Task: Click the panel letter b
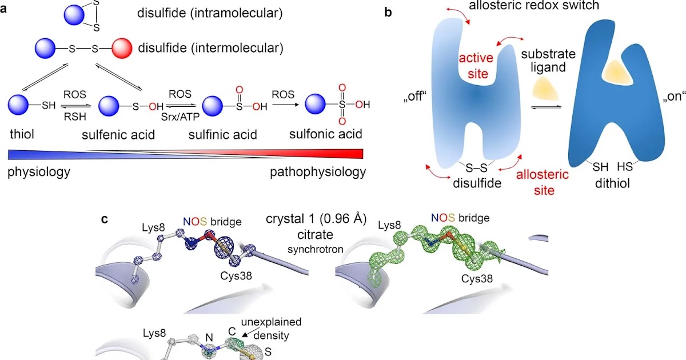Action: coord(388,11)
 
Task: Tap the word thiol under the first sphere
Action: coord(22,134)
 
